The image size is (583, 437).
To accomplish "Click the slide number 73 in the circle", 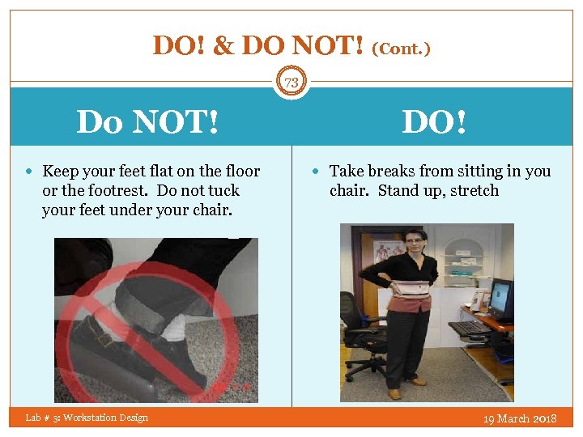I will tap(291, 82).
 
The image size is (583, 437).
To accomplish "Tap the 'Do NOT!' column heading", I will tap(147, 123).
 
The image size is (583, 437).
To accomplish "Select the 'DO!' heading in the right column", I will tap(434, 123).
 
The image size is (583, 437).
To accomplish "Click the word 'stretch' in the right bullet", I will tap(474, 191).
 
